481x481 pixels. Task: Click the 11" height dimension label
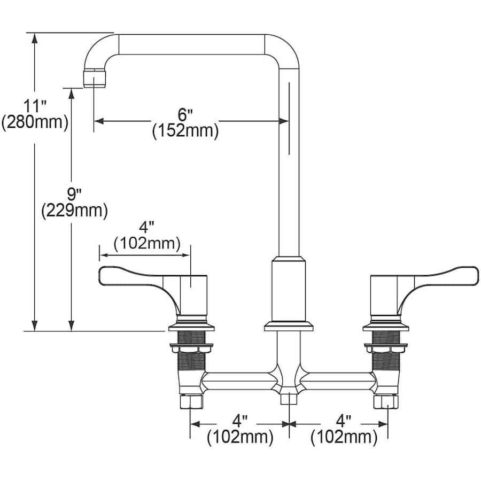point(35,106)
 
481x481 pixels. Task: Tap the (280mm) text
point(35,122)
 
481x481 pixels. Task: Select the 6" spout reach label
point(185,115)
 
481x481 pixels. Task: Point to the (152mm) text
point(185,131)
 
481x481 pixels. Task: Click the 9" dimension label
point(74,194)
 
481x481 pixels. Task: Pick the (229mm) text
point(74,211)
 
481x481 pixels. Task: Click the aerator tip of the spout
point(95,79)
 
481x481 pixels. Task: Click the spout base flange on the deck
point(289,326)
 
